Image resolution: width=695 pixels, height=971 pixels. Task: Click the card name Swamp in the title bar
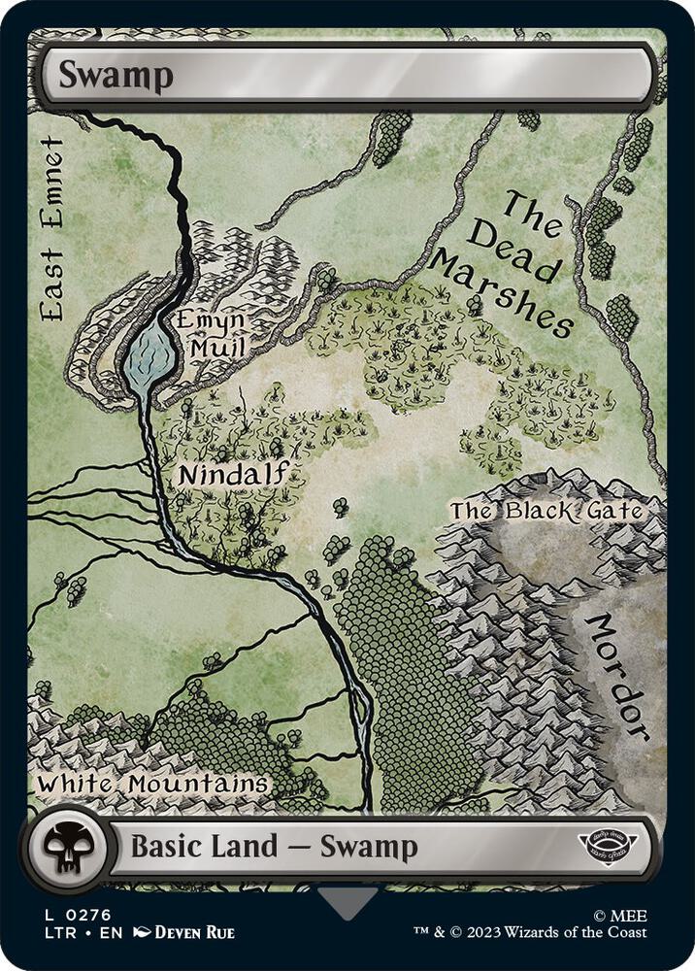(116, 75)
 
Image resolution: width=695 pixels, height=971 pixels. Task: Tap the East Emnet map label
(52, 229)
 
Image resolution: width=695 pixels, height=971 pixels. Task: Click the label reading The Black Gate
(546, 511)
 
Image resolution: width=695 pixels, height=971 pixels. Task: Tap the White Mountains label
(152, 783)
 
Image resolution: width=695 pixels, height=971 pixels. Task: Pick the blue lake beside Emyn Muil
(150, 355)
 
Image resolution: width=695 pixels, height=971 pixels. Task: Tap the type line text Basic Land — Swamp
(274, 847)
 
